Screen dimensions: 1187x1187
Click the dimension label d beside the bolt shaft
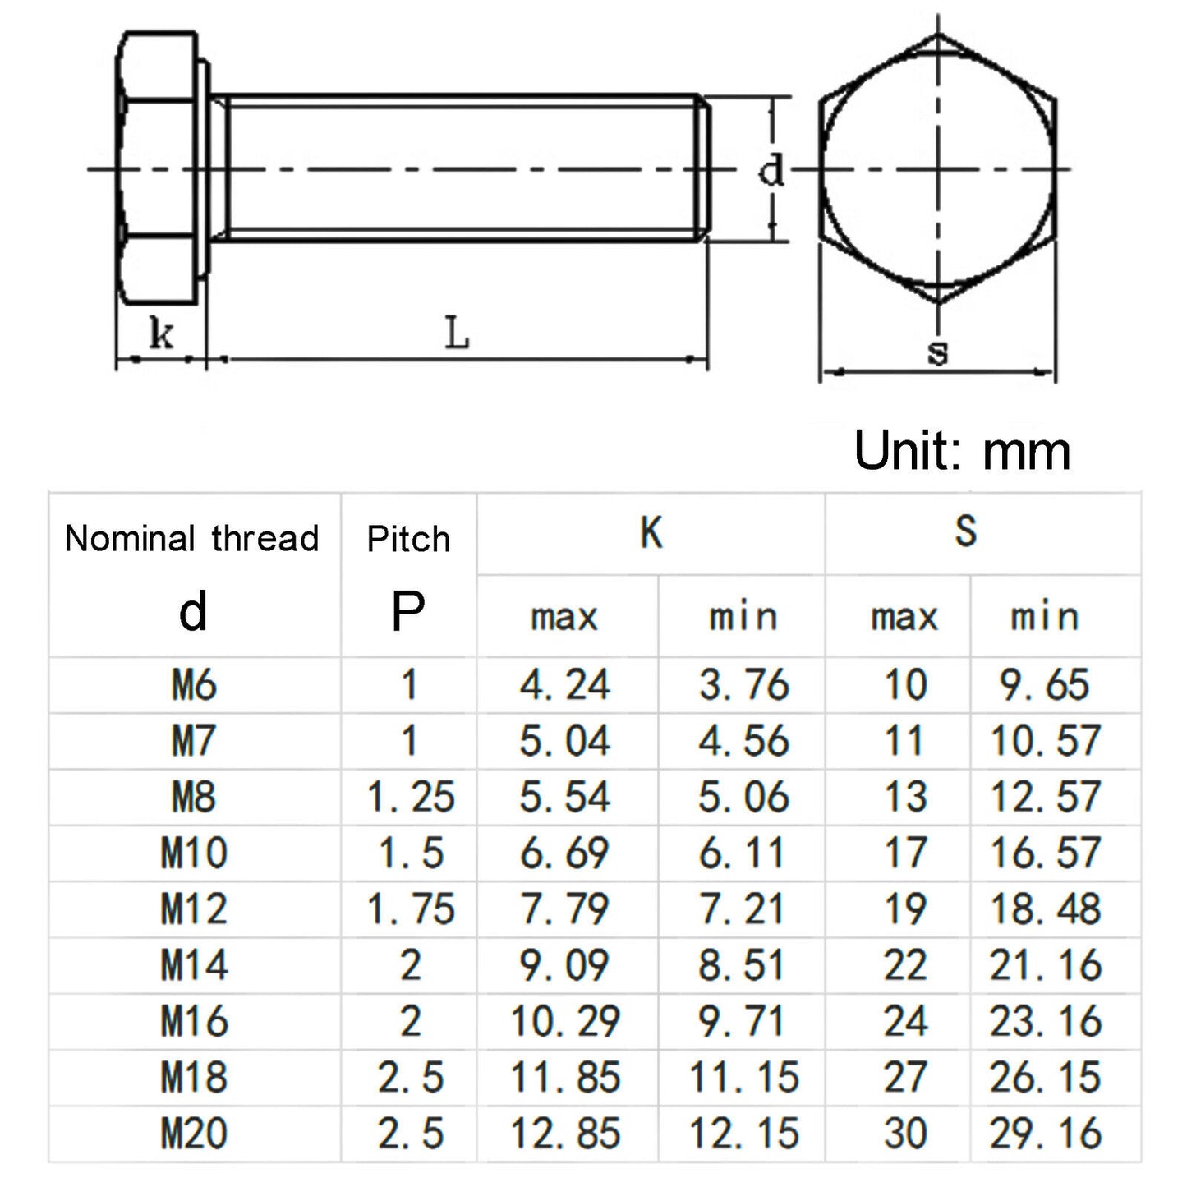[771, 171]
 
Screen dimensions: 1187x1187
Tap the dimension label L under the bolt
[457, 334]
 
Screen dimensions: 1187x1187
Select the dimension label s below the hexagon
[937, 352]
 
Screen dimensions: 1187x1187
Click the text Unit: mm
[962, 450]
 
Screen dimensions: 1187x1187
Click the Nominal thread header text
[191, 539]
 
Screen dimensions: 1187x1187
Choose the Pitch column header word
[408, 539]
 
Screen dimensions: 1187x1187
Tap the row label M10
[194, 853]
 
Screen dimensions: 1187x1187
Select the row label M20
[194, 1134]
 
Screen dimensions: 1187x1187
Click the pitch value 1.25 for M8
[410, 798]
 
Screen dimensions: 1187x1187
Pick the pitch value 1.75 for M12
[410, 909]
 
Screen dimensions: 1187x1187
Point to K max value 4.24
[565, 685]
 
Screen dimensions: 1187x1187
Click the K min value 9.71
[743, 1022]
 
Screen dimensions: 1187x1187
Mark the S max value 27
[904, 1078]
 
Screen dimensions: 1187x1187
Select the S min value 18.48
[1045, 909]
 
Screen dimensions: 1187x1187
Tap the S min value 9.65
[1045, 685]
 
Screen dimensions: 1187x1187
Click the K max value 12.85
[565, 1134]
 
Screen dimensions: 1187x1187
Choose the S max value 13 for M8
[904, 798]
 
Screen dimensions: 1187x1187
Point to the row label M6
[194, 685]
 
